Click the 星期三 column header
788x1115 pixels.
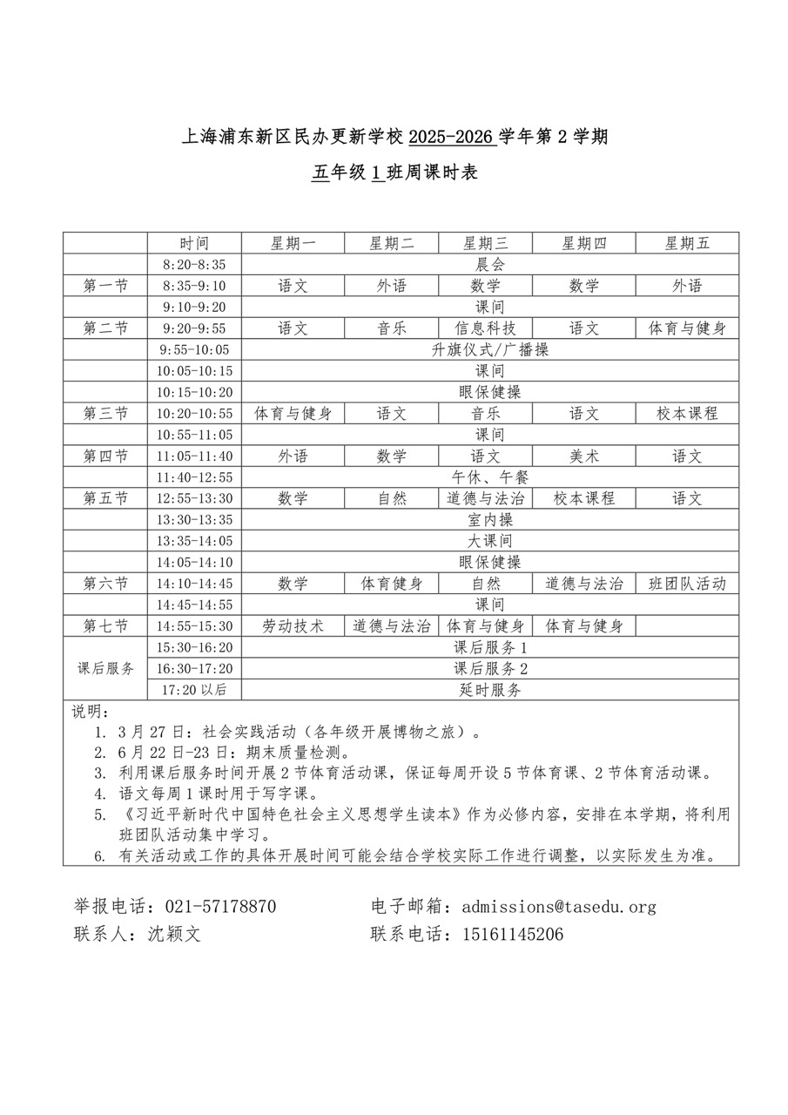pos(485,244)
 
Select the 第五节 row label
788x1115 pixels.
pos(105,498)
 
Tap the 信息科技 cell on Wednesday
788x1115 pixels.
pos(485,328)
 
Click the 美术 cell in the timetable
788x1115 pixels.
pos(583,456)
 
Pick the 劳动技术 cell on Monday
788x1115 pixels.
pos(293,626)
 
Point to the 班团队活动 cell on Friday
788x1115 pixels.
pos(687,584)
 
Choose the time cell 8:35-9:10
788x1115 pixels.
pos(193,286)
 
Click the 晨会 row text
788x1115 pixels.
pos(489,265)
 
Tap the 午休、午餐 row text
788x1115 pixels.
pos(489,477)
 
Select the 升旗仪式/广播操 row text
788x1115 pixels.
pos(489,349)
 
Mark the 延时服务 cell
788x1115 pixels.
pos(489,690)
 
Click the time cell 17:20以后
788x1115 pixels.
pos(193,690)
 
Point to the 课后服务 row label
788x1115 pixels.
pos(105,669)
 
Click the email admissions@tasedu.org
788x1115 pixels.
pos(559,907)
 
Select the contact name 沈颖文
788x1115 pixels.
pos(174,935)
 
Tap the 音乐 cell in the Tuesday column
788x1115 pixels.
pos(392,328)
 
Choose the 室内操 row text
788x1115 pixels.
pos(489,520)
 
